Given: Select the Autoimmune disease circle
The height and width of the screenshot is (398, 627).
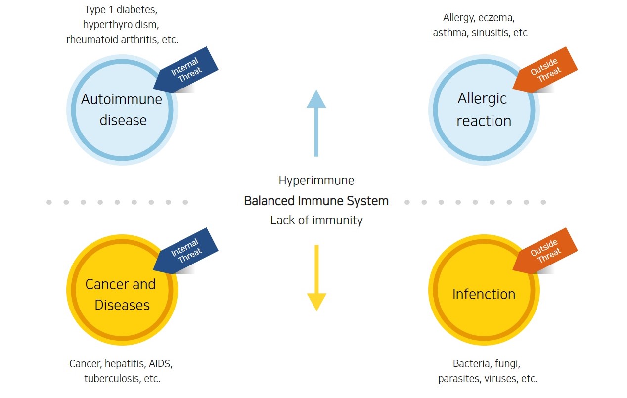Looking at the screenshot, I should (122, 110).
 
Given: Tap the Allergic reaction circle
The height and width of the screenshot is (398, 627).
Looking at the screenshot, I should (484, 110).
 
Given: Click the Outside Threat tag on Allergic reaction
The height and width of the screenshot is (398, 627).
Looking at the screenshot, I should (546, 70).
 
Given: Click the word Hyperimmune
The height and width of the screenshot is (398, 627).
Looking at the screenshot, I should (316, 180).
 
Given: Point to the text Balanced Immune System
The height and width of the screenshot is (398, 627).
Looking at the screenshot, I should (316, 201).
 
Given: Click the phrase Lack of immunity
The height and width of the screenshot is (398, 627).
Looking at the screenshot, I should (316, 220).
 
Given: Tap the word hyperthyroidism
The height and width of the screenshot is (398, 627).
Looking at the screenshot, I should (121, 24).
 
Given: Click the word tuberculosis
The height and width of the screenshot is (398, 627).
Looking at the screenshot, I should (111, 379).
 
